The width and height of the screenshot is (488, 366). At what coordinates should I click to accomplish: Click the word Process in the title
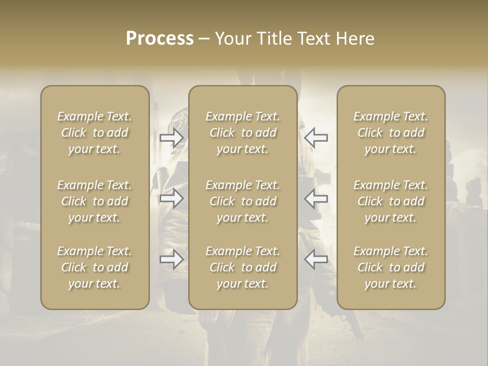[160, 39]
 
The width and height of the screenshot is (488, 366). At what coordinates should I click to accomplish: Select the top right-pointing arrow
[172, 137]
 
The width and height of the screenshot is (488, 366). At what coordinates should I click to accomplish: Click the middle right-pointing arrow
[172, 198]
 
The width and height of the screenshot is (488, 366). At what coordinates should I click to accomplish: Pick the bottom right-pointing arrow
[172, 260]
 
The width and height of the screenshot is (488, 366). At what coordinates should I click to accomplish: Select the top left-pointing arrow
[316, 137]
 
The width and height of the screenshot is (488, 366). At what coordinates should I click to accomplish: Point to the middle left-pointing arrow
[316, 198]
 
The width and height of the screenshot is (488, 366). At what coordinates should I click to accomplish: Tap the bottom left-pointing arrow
[316, 260]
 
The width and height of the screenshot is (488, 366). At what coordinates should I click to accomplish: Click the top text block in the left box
[95, 133]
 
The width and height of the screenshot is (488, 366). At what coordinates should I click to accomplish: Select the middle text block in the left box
[95, 201]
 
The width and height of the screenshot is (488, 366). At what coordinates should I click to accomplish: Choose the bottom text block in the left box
[95, 267]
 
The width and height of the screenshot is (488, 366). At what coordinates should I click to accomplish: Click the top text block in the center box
[243, 133]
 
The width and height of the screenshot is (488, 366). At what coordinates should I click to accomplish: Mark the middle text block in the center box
[243, 201]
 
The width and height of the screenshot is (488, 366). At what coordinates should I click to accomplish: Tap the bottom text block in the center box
[243, 267]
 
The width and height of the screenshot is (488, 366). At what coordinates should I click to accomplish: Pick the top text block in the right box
[391, 133]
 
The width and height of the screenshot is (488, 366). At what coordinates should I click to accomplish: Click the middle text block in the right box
[391, 201]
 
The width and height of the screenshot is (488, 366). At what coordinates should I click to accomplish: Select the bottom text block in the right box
[391, 267]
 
